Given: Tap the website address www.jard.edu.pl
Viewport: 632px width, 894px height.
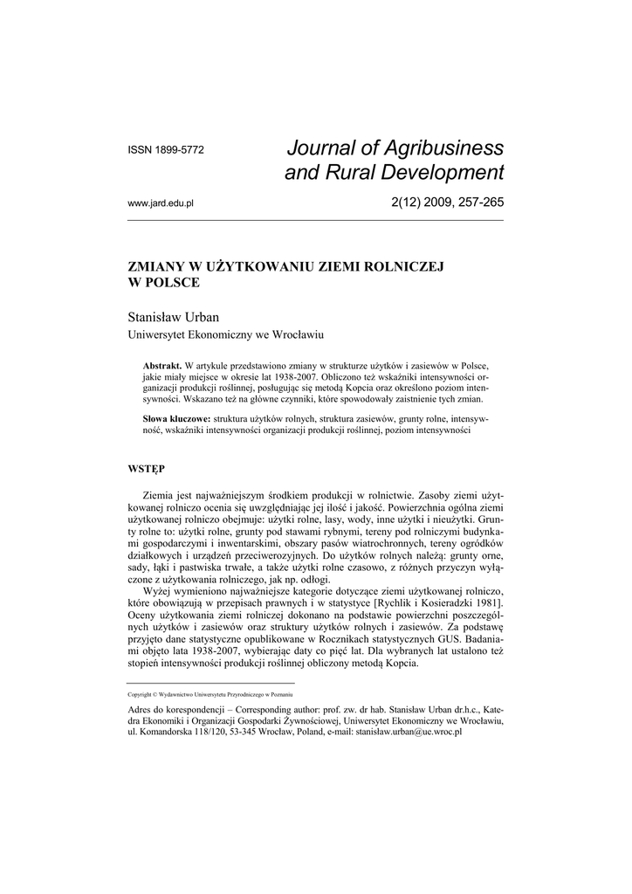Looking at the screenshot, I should click(x=161, y=203).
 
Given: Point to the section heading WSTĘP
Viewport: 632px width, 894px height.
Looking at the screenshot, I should click(x=147, y=469).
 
